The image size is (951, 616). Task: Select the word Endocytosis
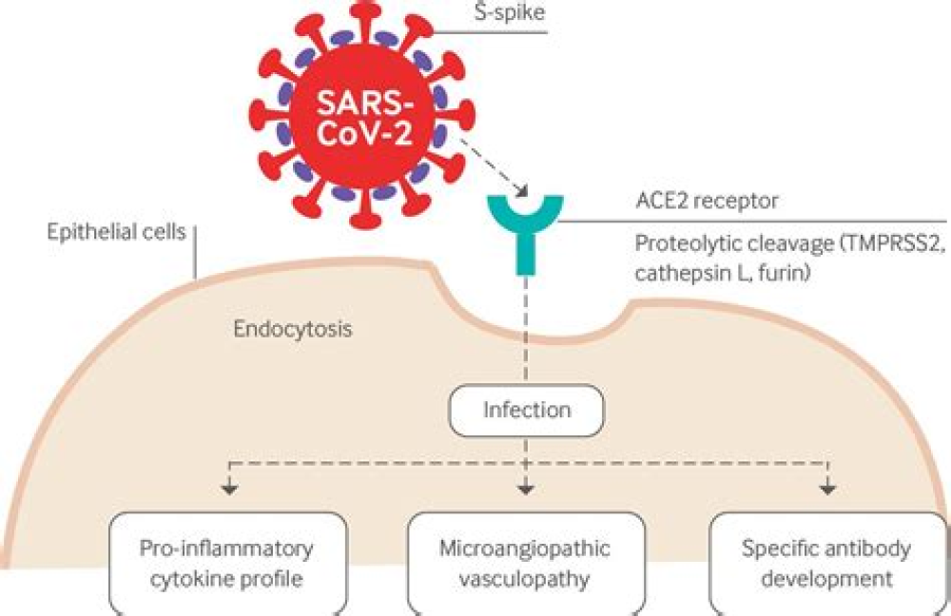(287, 331)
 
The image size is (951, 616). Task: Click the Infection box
(528, 411)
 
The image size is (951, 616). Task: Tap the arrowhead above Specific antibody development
(828, 490)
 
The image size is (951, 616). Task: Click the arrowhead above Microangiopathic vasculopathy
(524, 490)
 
